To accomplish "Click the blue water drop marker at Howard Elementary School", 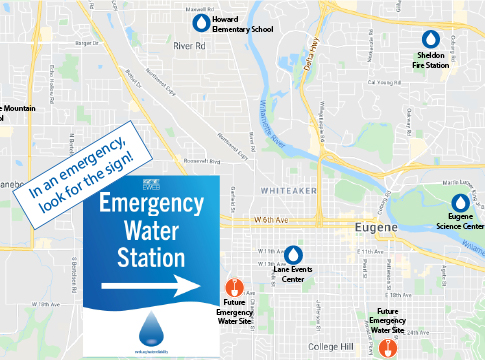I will pos(202,22).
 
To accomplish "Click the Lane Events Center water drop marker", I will pos(294,254).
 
